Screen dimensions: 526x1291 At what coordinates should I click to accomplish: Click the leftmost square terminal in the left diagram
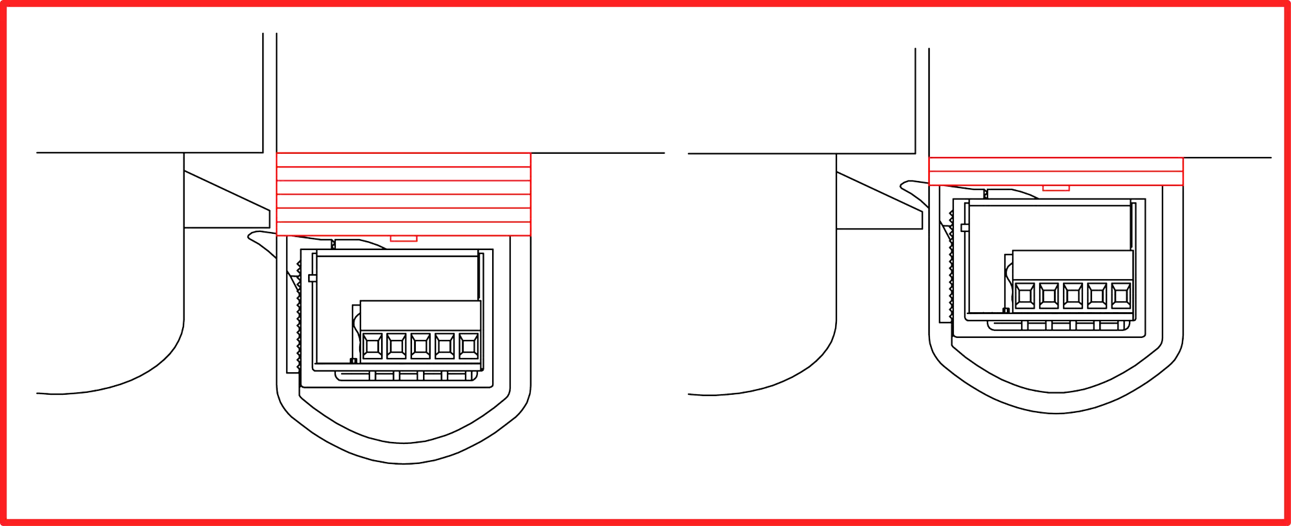[x=371, y=346]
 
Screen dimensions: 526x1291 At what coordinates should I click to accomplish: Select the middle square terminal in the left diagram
[x=420, y=346]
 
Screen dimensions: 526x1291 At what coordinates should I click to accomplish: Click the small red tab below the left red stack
[x=404, y=239]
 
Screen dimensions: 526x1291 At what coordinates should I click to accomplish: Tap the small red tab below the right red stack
[x=1056, y=188]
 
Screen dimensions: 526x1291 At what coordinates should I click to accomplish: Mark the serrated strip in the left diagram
[x=297, y=317]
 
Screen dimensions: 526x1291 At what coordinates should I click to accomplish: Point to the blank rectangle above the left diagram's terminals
[x=420, y=315]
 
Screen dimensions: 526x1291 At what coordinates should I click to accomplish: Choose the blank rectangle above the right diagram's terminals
[x=1073, y=264]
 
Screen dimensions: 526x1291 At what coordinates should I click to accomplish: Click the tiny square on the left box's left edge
[x=313, y=279]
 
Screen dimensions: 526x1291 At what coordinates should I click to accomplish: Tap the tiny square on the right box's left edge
[x=965, y=227]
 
